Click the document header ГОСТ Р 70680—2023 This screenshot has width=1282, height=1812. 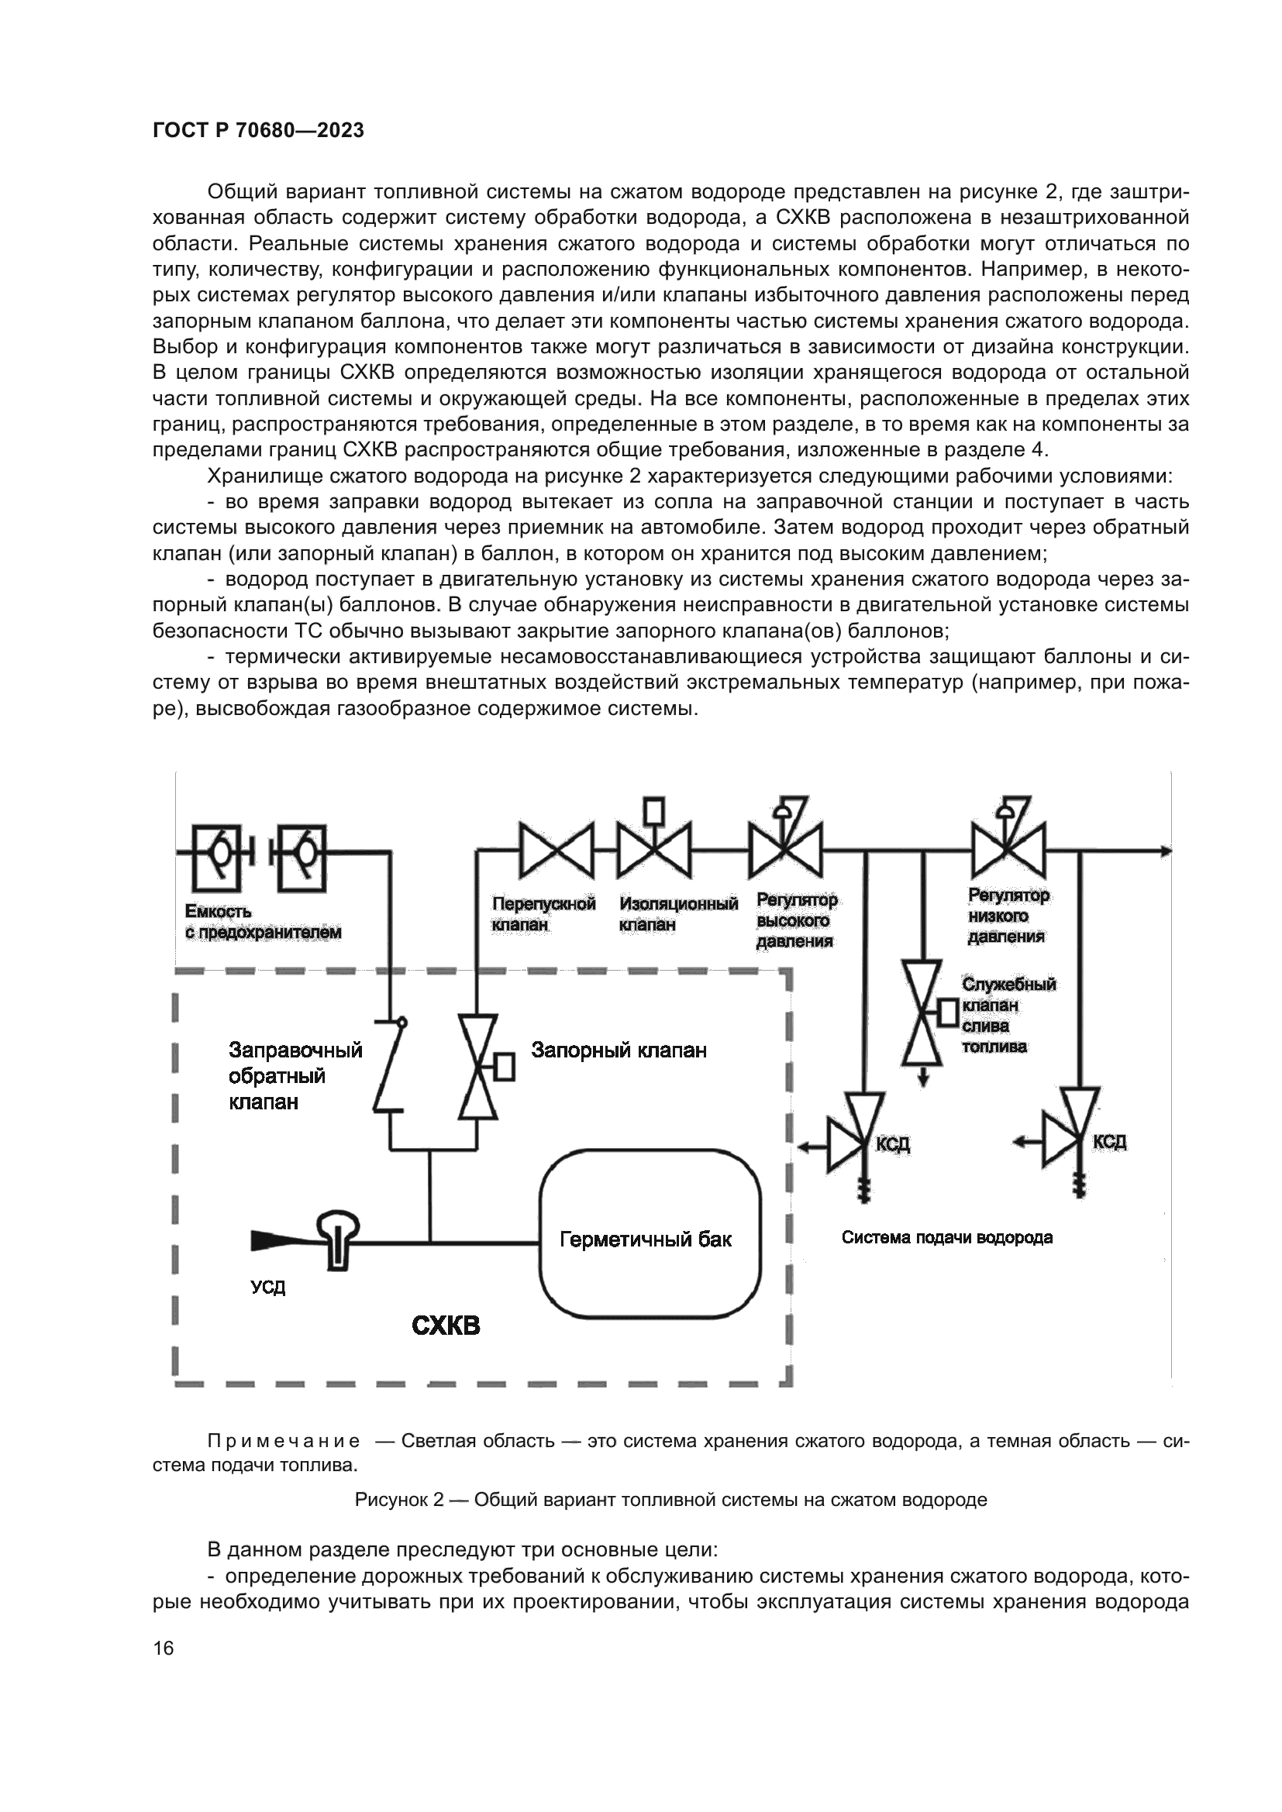[258, 131]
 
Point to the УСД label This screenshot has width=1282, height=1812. [268, 1288]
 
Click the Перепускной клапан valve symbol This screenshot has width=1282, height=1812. [556, 851]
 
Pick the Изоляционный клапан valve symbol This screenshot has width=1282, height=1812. [653, 850]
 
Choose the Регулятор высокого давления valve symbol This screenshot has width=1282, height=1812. [785, 850]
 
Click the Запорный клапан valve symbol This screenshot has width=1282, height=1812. [478, 1067]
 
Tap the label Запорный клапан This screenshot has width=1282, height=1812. [619, 1050]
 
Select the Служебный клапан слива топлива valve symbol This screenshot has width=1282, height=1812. [922, 1013]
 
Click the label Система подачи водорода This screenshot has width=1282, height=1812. [946, 1237]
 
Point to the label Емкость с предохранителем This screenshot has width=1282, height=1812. [263, 922]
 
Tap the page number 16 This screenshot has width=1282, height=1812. [164, 1649]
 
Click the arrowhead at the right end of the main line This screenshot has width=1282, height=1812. [1164, 851]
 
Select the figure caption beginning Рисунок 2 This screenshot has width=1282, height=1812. [670, 1500]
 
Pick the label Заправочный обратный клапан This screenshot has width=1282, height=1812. [295, 1076]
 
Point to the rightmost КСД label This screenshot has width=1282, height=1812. [1109, 1142]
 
